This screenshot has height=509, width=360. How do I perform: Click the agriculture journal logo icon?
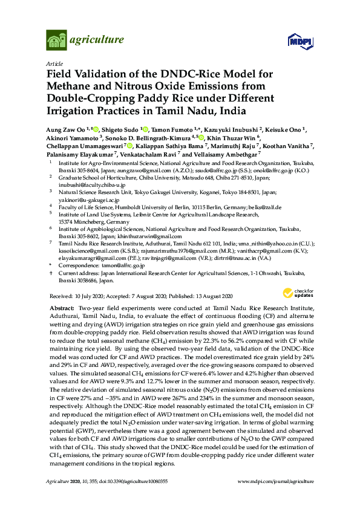tap(56, 41)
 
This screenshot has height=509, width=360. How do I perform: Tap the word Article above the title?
tap(53, 63)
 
